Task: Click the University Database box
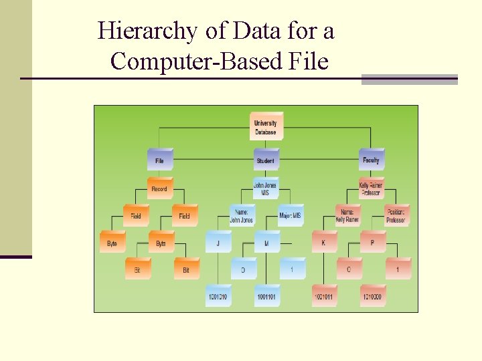click(x=266, y=126)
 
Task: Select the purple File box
click(x=160, y=160)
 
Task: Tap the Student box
click(x=266, y=160)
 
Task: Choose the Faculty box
click(x=371, y=160)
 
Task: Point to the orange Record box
click(x=160, y=189)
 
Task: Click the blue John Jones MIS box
click(x=266, y=189)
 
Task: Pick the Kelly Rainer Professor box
click(x=371, y=189)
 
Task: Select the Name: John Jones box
click(x=242, y=216)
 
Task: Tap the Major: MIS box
click(x=291, y=216)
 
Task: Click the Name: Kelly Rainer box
click(x=347, y=216)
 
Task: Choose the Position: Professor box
click(x=396, y=216)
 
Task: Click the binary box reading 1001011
click(x=324, y=295)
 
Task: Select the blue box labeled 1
click(x=291, y=269)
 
